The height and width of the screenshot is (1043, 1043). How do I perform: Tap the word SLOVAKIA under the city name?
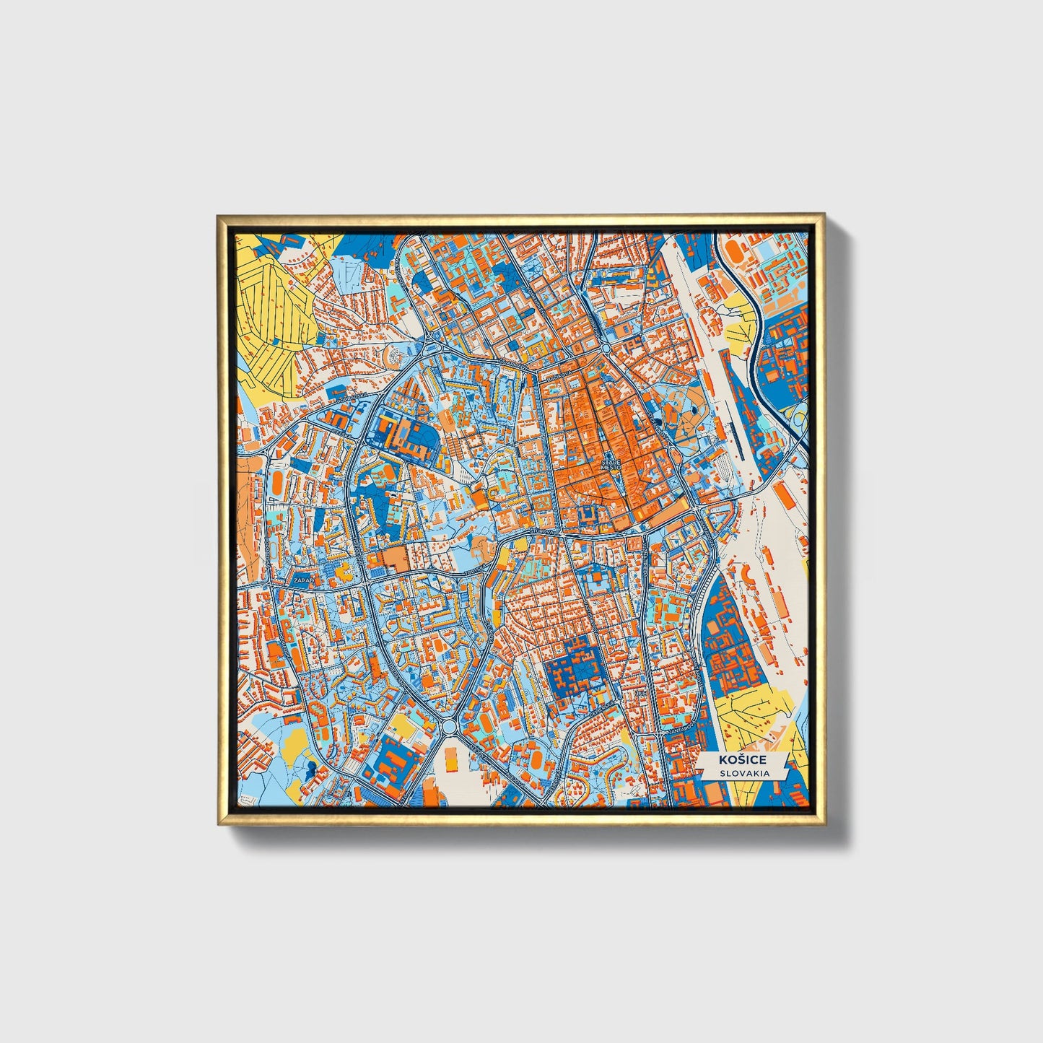click(743, 773)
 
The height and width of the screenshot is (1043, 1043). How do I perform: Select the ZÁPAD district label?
click(301, 580)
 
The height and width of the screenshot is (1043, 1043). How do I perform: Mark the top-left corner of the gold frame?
click(219, 216)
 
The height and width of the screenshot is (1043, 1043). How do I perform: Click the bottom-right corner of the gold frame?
click(824, 824)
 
